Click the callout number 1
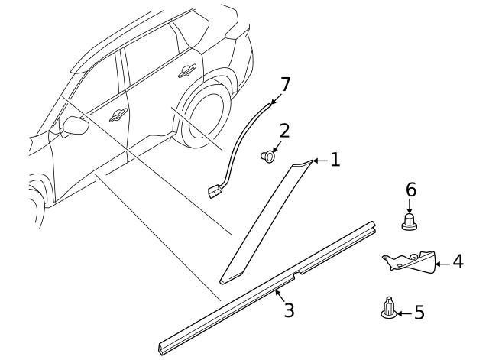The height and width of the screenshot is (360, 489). (334, 160)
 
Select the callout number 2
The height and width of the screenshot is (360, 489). (283, 130)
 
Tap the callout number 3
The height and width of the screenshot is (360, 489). (288, 310)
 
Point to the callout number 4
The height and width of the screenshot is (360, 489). (457, 262)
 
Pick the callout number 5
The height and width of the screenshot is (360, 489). (419, 312)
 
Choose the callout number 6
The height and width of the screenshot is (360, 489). (410, 189)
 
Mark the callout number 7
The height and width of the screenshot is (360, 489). (285, 83)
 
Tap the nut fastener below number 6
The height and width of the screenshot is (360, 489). (410, 222)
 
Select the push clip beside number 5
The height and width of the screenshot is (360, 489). (387, 309)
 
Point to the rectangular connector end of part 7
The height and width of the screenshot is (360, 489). (213, 190)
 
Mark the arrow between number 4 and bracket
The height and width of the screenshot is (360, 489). (442, 263)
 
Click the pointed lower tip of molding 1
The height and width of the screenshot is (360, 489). (224, 279)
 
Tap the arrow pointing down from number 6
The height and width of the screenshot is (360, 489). (410, 206)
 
